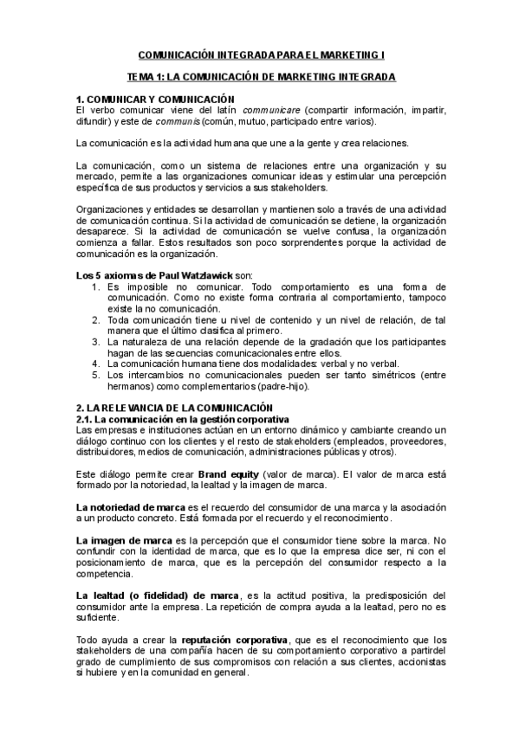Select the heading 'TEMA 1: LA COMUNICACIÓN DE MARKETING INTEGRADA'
pos(259,77)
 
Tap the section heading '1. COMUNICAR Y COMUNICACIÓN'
pos(155,100)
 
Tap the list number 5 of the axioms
pos(95,376)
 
